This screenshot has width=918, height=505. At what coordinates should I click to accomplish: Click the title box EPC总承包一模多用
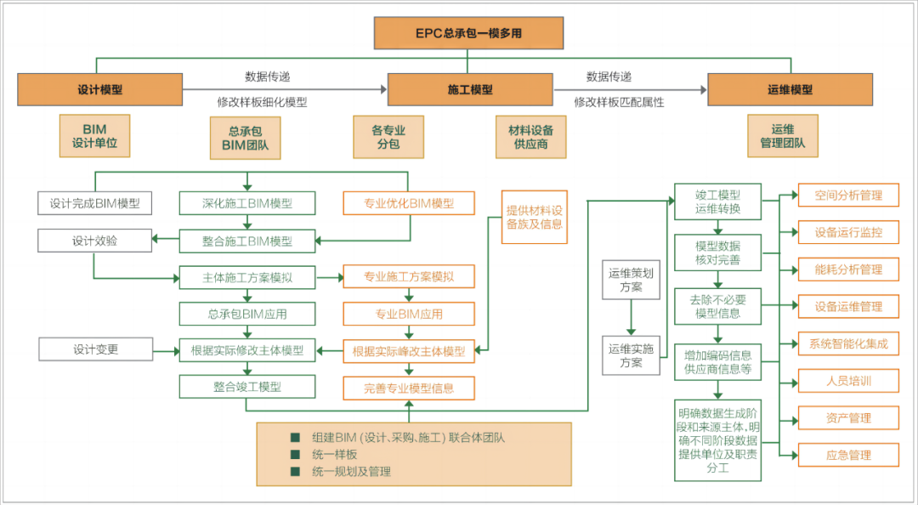(468, 33)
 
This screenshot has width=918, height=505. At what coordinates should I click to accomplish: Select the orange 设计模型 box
(99, 89)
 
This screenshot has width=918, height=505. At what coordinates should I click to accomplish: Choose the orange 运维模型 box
(790, 89)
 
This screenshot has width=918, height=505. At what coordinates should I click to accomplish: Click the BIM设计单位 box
(94, 137)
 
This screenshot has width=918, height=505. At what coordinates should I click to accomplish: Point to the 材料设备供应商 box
(531, 137)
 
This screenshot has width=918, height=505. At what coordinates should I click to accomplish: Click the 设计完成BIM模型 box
(94, 203)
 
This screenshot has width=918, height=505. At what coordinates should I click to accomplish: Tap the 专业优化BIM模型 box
(408, 203)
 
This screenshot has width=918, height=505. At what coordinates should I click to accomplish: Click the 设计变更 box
(95, 349)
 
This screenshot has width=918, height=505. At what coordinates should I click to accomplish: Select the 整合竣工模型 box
(246, 387)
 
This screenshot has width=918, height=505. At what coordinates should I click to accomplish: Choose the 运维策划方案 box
(631, 280)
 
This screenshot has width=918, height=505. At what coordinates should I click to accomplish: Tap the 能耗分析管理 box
(848, 270)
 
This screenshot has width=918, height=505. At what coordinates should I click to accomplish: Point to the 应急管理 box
(848, 455)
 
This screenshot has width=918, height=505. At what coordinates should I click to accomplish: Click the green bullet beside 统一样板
(295, 454)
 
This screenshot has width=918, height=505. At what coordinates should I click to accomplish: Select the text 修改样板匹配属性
(619, 102)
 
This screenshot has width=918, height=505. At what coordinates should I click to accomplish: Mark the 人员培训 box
(848, 381)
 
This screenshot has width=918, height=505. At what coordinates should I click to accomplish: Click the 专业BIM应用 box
(408, 314)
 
